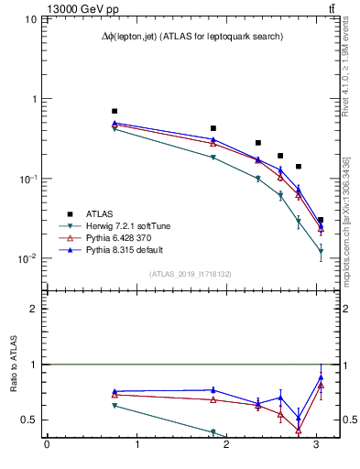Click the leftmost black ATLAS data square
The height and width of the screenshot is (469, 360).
point(115,111)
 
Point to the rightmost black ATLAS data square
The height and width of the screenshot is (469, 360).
point(320,220)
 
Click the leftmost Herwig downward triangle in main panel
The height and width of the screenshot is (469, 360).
point(115,129)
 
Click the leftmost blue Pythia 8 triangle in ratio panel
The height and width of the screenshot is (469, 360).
point(115,391)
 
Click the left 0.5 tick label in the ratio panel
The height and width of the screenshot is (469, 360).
point(30,420)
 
